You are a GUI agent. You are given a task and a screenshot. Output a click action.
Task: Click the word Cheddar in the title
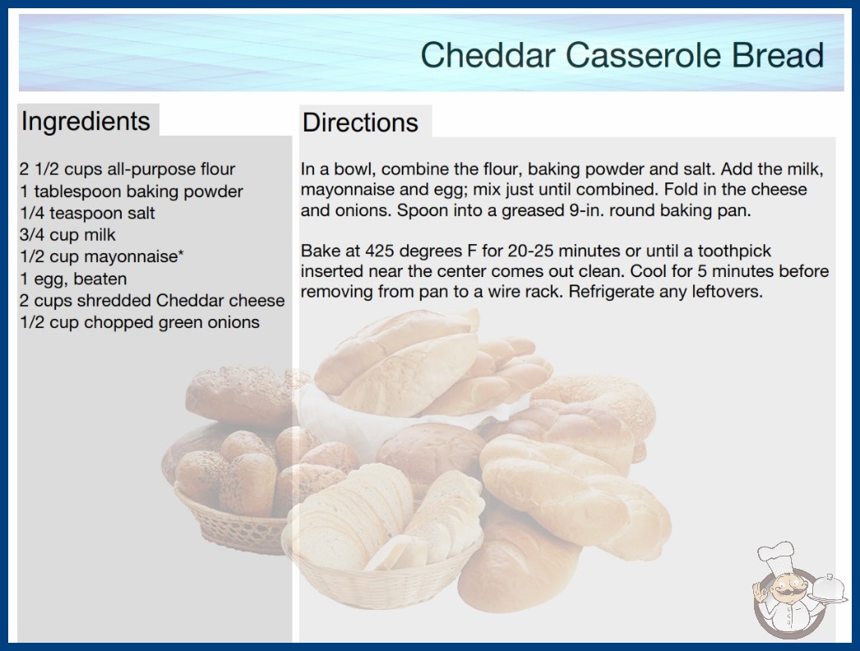pos(488,55)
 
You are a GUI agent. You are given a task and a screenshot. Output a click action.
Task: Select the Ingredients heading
pos(86,122)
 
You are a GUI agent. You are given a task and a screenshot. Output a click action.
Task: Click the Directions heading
pos(360,122)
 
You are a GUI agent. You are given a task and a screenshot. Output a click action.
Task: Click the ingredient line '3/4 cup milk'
pos(67,235)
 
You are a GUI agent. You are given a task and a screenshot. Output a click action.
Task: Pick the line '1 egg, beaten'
pos(73,279)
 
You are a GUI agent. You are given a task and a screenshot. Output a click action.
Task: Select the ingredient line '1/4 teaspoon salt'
pos(87,213)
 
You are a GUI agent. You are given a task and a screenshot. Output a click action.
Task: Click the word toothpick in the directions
pos(734,252)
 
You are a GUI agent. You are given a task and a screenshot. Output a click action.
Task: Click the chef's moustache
pos(785,593)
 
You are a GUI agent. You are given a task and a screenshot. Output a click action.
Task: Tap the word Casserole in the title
pos(644,55)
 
